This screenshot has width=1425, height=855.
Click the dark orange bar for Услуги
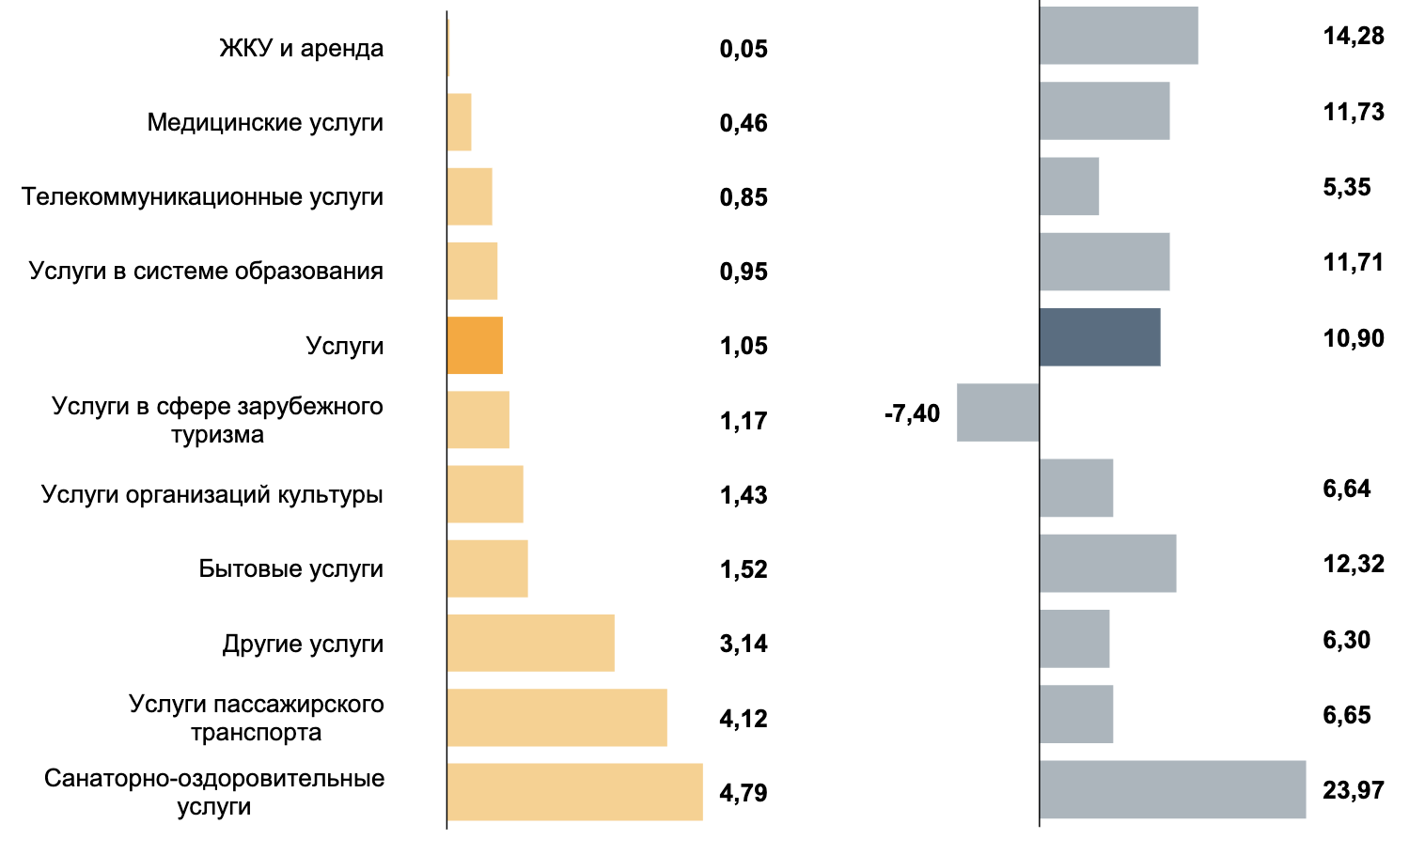[x=475, y=346]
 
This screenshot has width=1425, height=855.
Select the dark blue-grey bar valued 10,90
[x=1100, y=337]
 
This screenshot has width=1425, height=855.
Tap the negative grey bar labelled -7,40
[x=997, y=412]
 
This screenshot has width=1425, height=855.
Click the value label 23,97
[x=1353, y=790]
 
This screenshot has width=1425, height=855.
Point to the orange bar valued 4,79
[x=574, y=792]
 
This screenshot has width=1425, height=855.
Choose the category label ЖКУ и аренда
[x=301, y=48]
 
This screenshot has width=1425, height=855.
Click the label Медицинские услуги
[x=265, y=122]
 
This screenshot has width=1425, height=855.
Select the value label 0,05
[x=744, y=48]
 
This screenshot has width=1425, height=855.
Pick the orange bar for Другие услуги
[x=530, y=644]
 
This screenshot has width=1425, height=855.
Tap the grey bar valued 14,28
[x=1119, y=36]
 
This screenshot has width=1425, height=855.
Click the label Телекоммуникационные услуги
[x=202, y=196]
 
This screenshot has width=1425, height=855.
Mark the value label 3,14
[x=744, y=644]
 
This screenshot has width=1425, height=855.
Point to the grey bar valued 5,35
[x=1069, y=186]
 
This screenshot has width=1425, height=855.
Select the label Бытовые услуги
[x=290, y=568]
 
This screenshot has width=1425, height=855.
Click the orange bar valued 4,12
[x=556, y=718]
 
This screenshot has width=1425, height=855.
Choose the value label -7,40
[x=912, y=413]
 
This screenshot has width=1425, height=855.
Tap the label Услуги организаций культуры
[x=211, y=494]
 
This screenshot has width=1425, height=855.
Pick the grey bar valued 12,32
[x=1107, y=564]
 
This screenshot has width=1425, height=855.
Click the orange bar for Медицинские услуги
[x=459, y=122]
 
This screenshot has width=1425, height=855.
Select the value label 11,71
[x=1353, y=262]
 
